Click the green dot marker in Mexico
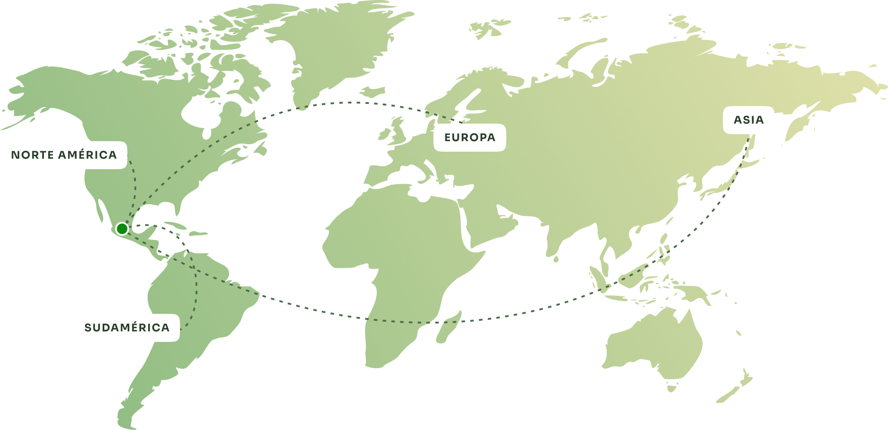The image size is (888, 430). [122, 228]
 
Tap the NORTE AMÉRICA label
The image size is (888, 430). [64, 155]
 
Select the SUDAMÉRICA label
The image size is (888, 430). [127, 328]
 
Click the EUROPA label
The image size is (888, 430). [470, 138]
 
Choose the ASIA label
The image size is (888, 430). [749, 120]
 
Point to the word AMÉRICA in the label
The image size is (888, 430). [88, 155]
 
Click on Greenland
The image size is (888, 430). [333, 48]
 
